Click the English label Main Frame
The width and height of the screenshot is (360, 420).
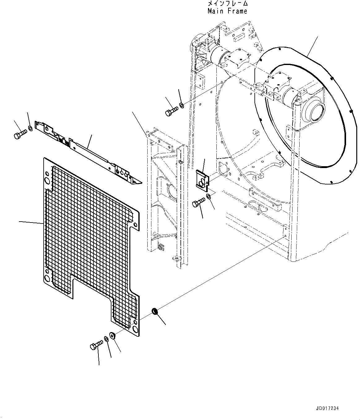[x=228, y=11]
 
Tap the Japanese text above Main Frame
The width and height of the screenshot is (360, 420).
[x=228, y=4]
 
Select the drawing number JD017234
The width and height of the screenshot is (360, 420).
[x=328, y=409]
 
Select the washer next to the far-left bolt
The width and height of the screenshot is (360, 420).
[x=30, y=128]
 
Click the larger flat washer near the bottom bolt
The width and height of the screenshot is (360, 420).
[x=112, y=336]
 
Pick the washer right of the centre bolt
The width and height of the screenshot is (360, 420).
[x=209, y=196]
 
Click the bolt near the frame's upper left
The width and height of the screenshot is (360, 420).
[x=171, y=111]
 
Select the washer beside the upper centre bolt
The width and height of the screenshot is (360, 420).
[x=182, y=106]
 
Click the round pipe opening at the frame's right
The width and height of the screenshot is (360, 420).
[x=314, y=112]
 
